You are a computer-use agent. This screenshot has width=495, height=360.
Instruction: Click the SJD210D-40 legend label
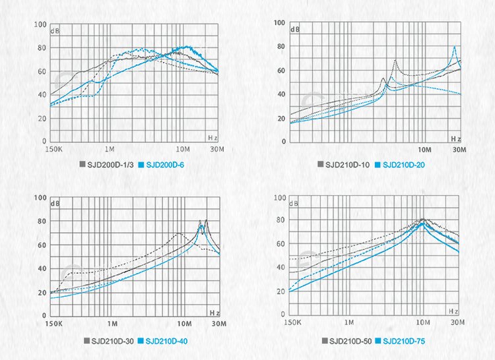click(x=167, y=341)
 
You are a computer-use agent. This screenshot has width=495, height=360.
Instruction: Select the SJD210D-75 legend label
click(x=406, y=341)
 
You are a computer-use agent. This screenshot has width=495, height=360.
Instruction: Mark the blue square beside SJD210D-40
click(x=141, y=341)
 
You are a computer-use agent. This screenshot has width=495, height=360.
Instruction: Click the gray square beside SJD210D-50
click(x=325, y=341)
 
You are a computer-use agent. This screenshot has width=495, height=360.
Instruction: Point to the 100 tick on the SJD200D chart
click(x=40, y=25)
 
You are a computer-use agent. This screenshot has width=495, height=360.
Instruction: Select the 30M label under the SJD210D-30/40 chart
click(x=219, y=324)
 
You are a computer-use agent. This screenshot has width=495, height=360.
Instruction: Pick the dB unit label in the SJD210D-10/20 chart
click(x=295, y=30)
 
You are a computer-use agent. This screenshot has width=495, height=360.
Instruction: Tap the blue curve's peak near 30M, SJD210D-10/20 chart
click(x=454, y=47)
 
